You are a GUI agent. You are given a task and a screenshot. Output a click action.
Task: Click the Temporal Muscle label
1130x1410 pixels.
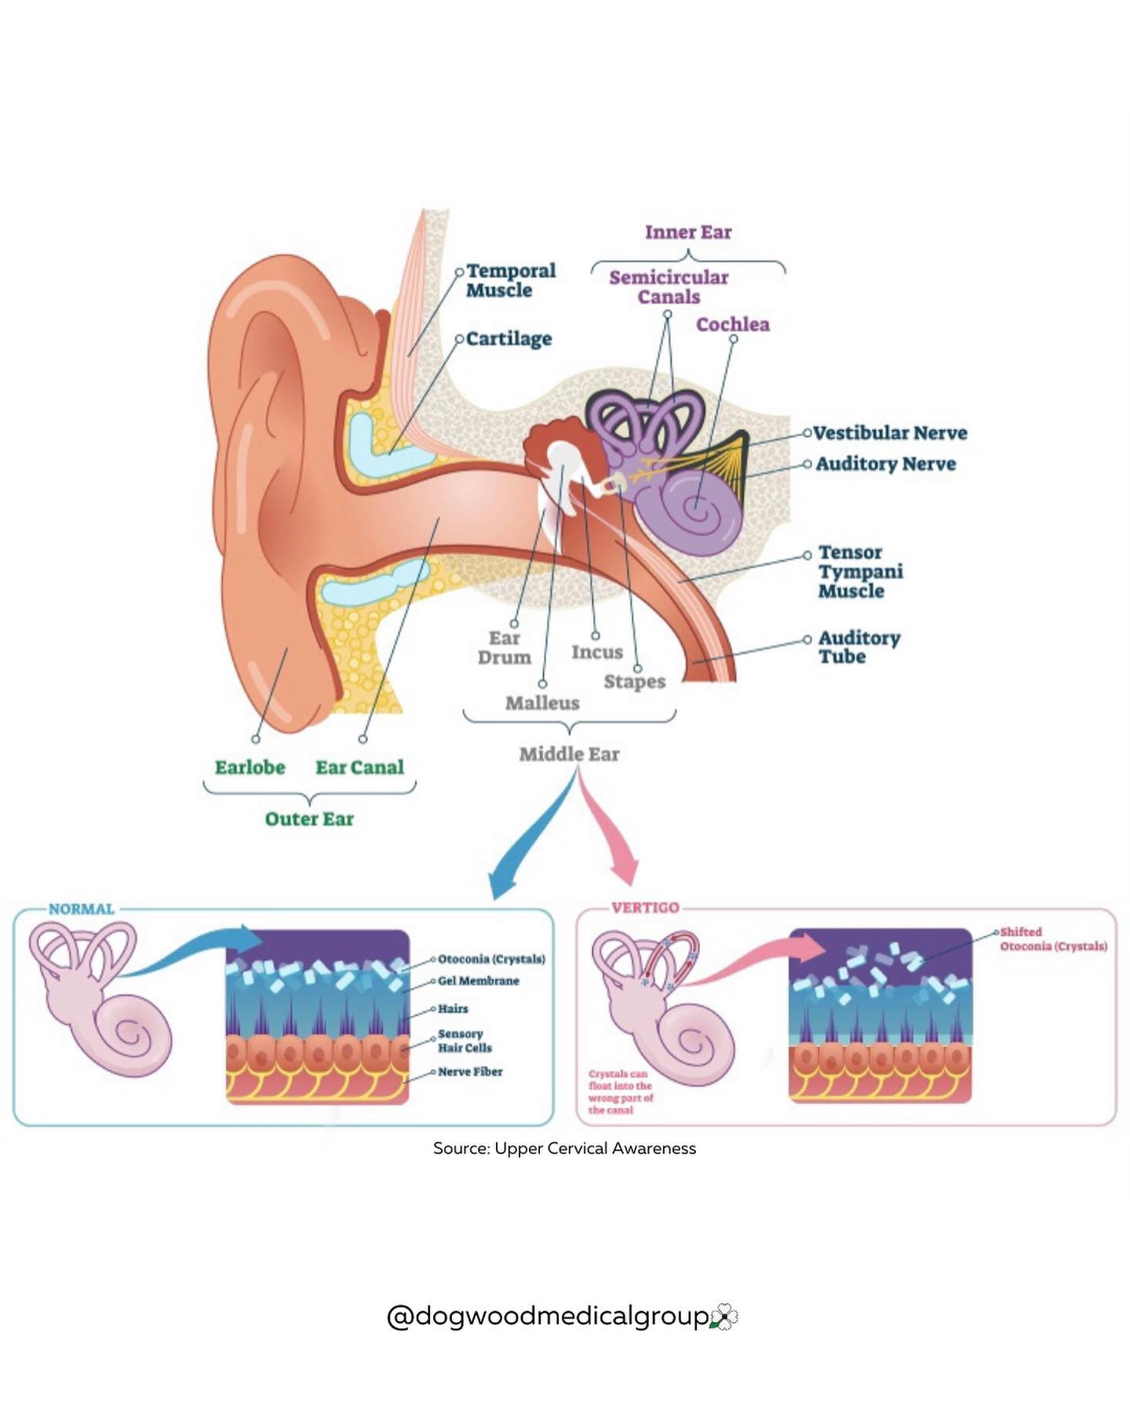[x=511, y=280]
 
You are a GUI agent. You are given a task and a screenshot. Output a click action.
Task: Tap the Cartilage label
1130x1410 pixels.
[x=508, y=339]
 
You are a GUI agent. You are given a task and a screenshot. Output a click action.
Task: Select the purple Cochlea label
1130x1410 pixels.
[x=733, y=324]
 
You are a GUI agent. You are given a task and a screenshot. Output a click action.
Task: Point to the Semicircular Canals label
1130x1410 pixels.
[x=669, y=287]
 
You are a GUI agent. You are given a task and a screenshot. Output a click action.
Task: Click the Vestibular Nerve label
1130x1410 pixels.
[x=890, y=433]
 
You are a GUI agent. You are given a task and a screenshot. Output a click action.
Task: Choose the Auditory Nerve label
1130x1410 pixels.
[x=886, y=464]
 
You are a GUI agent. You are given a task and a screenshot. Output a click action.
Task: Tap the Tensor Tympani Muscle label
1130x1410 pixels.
[x=860, y=571]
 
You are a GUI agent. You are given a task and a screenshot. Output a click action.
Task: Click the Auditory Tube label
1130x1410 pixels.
[x=859, y=647]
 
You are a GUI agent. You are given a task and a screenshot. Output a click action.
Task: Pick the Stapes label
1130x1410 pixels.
[x=635, y=682]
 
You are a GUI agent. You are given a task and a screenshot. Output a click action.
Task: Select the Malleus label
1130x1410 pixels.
[x=542, y=703]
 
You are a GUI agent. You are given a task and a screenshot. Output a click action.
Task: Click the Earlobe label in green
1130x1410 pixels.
[x=250, y=767]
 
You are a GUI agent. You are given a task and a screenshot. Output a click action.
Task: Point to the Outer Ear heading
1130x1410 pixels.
[x=309, y=819]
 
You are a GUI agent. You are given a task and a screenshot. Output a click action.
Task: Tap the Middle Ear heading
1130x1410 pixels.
[x=569, y=754]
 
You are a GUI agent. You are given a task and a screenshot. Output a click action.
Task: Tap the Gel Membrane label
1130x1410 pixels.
[x=479, y=981]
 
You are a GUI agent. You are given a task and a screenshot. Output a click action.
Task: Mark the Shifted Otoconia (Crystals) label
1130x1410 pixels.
[x=1053, y=939]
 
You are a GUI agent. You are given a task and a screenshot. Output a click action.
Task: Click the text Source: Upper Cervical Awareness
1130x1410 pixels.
[x=565, y=1149]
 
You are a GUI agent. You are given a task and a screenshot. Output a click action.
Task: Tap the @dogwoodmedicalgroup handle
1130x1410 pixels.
[x=549, y=1316]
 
